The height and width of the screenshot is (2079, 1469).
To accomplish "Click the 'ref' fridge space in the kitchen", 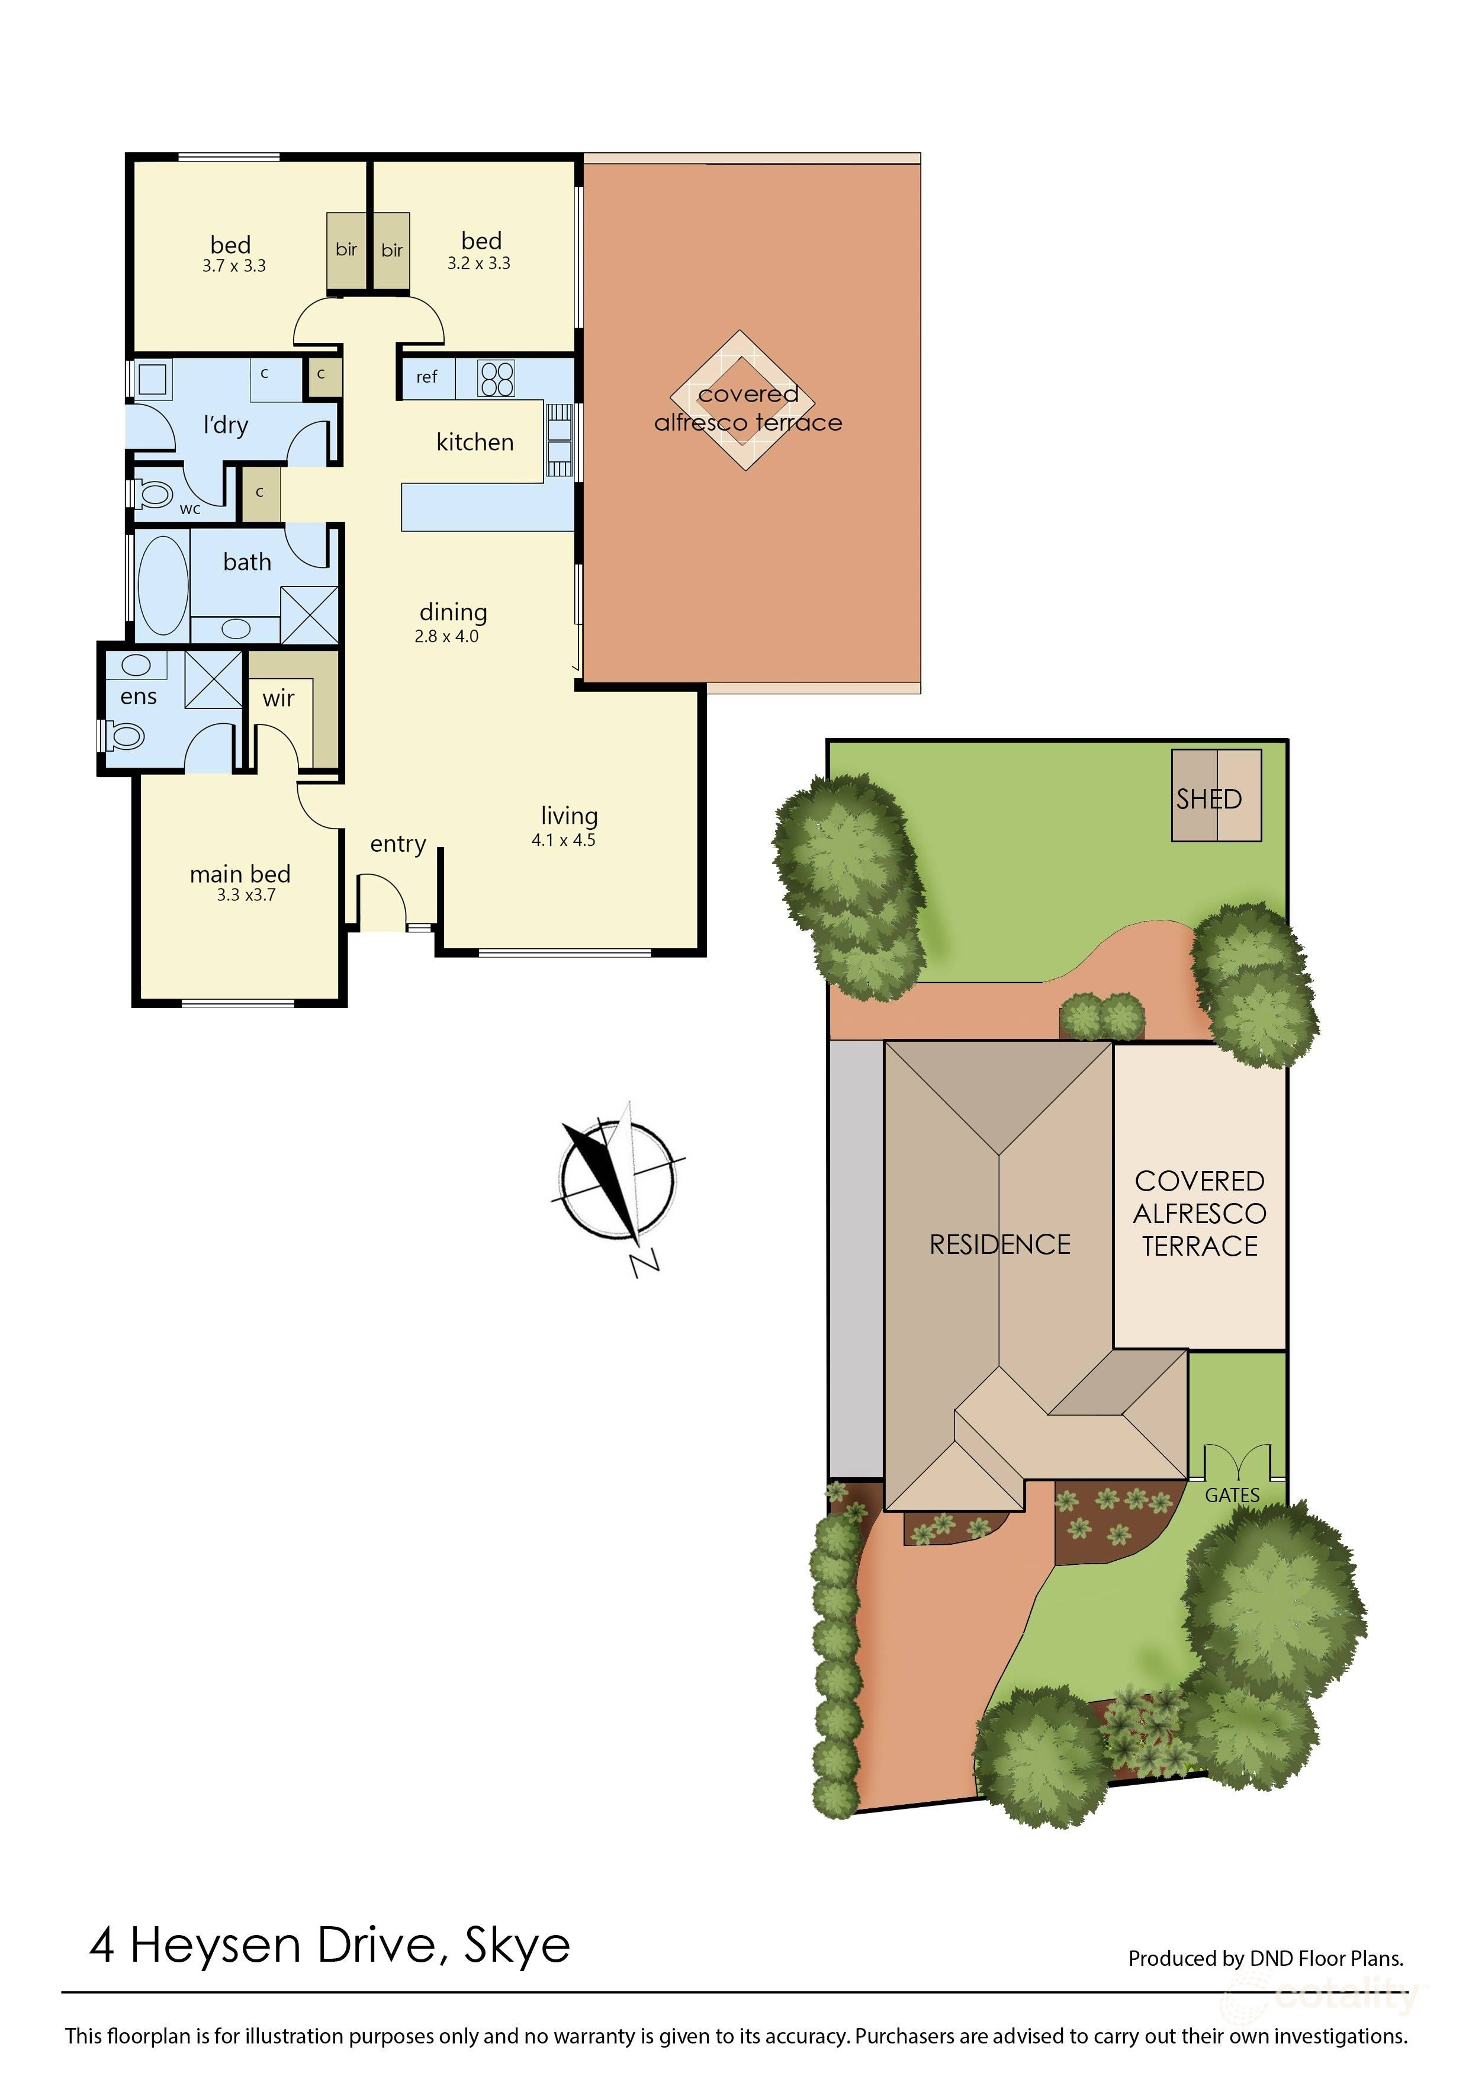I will click(426, 377).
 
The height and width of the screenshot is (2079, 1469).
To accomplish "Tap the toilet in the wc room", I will click(154, 495).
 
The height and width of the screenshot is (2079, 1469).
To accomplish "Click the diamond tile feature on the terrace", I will click(741, 400).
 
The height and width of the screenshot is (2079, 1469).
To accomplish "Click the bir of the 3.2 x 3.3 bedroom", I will click(392, 251).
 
